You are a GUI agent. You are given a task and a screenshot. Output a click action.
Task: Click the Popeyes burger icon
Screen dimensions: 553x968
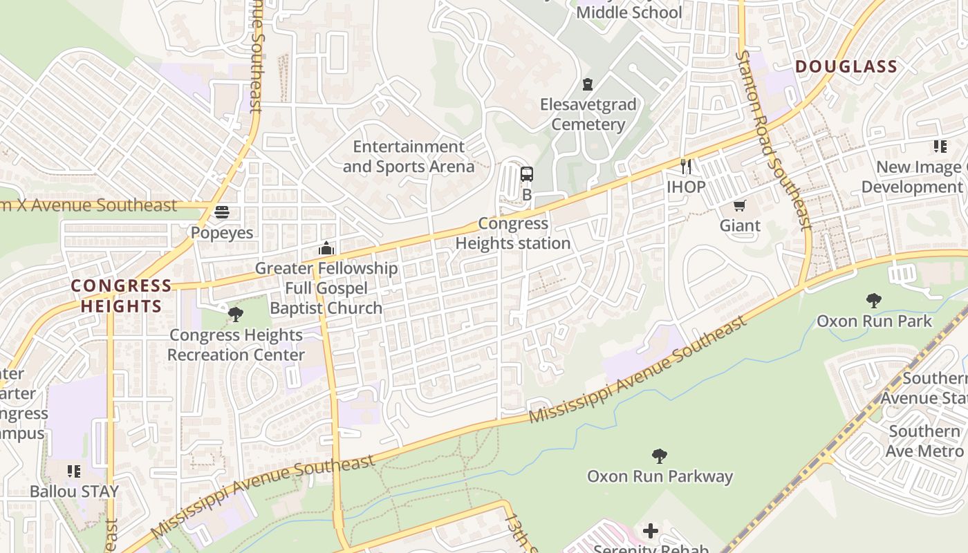click(x=222, y=212)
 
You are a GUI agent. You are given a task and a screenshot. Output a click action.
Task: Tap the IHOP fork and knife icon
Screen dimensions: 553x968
click(x=686, y=166)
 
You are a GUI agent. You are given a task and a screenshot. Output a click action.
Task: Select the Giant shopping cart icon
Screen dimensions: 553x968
click(x=740, y=205)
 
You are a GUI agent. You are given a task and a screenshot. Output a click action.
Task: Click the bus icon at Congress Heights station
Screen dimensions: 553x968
click(x=527, y=174)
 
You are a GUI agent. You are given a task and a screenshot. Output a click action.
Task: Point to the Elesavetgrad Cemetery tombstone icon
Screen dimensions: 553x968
click(x=588, y=84)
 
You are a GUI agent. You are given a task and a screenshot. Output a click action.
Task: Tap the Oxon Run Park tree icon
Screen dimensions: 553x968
click(x=874, y=301)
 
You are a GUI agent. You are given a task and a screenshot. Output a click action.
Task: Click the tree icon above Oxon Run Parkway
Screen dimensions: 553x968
click(x=660, y=456)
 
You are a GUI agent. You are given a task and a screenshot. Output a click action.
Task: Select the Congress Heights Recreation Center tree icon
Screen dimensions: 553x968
click(x=236, y=315)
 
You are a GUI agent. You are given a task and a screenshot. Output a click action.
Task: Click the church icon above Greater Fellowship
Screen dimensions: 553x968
click(x=326, y=248)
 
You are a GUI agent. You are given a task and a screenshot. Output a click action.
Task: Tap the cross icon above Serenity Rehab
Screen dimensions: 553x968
click(x=651, y=531)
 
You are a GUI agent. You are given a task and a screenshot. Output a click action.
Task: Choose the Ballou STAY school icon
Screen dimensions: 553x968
click(x=74, y=471)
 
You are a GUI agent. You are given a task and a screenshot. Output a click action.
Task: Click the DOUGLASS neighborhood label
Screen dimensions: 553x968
click(x=846, y=67)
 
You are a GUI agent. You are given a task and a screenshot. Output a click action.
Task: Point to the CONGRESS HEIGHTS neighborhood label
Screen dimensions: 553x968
click(x=122, y=296)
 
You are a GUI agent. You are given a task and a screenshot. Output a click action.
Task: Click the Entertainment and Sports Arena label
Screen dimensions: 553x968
click(x=409, y=156)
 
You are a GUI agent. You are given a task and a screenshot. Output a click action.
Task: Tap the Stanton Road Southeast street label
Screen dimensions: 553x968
click(x=773, y=139)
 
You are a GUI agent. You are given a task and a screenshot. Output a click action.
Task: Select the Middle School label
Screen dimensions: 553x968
click(x=629, y=12)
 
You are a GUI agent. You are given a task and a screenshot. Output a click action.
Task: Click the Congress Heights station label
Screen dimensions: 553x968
click(x=513, y=234)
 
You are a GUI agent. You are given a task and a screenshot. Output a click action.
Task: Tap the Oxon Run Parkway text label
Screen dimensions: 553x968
click(x=660, y=476)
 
